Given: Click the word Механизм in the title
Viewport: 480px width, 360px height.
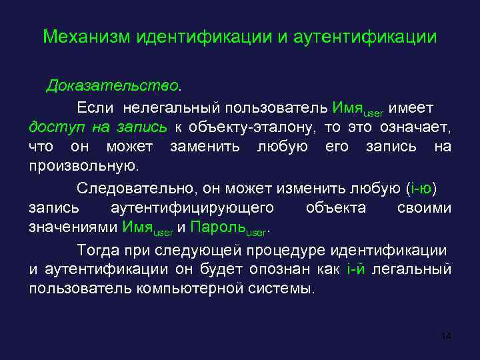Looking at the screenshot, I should [x=85, y=37].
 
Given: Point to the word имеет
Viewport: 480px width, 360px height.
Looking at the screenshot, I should [x=411, y=107].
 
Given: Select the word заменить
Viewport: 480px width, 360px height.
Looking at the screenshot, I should [x=205, y=146].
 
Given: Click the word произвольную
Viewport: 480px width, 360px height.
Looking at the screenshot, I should [x=83, y=165].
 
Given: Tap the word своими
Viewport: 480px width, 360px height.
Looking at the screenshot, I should [x=424, y=208].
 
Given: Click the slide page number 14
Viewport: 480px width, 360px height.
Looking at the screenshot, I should [x=446, y=336].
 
